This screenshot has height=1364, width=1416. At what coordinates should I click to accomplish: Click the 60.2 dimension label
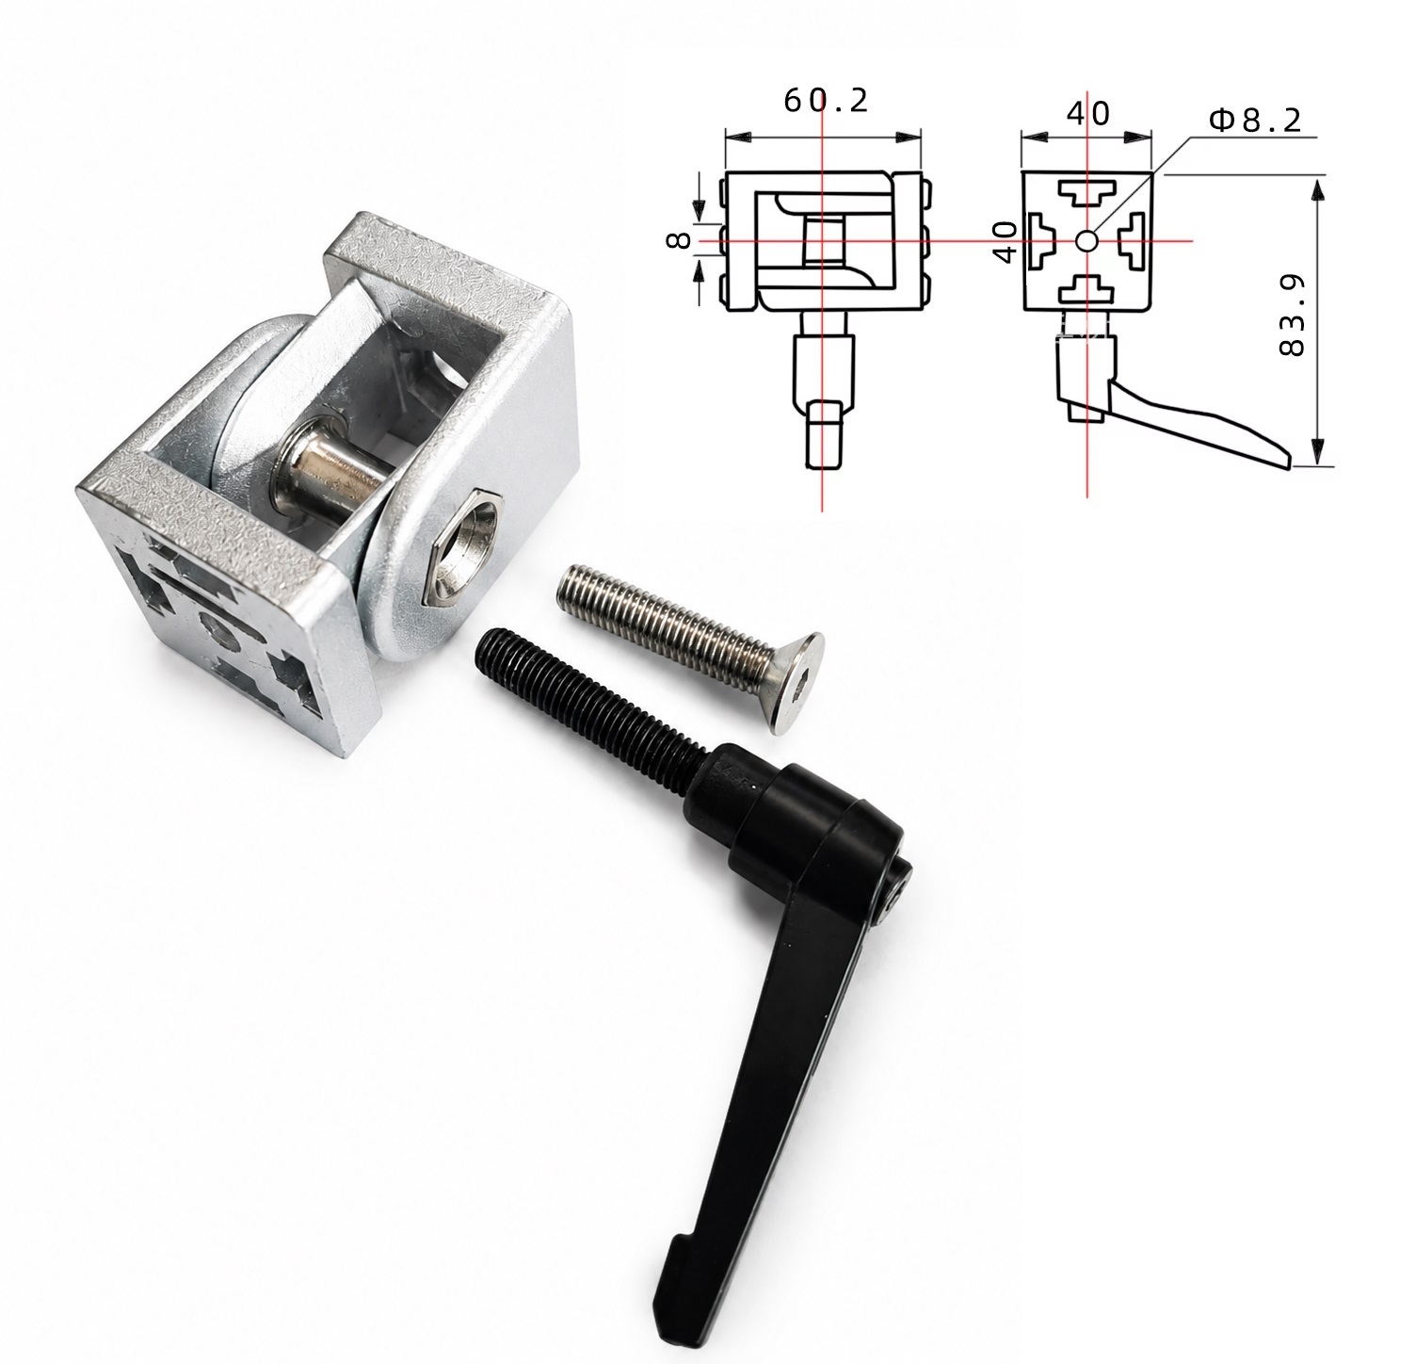pos(826,100)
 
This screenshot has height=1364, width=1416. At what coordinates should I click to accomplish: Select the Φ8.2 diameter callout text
pos(1255,120)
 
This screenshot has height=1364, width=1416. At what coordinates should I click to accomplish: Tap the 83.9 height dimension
pos(1292,315)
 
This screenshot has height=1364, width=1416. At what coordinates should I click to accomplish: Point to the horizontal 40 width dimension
pos(1087,114)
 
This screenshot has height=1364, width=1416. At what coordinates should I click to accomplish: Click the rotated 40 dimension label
pos(1004,242)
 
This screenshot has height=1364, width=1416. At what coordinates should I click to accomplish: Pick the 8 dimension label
pos(679,240)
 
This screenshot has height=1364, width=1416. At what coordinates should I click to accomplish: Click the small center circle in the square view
pos(1086,241)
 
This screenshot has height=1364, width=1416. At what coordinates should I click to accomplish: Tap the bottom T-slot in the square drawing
pos(1086,289)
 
